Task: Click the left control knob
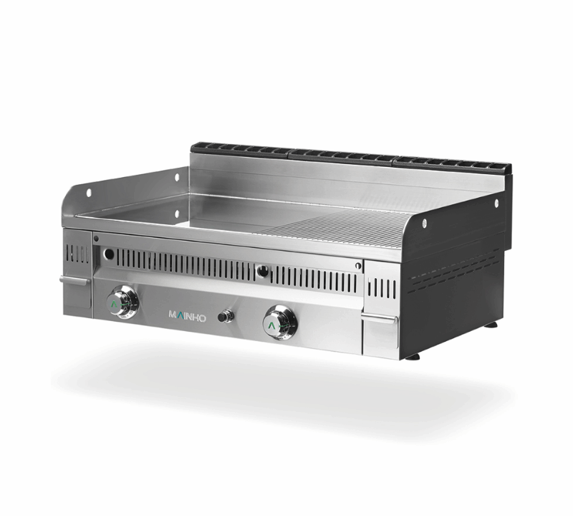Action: point(122,302)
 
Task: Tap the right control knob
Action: point(280,322)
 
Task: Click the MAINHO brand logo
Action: point(187,316)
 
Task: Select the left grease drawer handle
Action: point(74,281)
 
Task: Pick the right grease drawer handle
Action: point(380,318)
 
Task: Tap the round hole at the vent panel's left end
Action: point(109,253)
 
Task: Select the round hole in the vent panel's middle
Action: point(263,272)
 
